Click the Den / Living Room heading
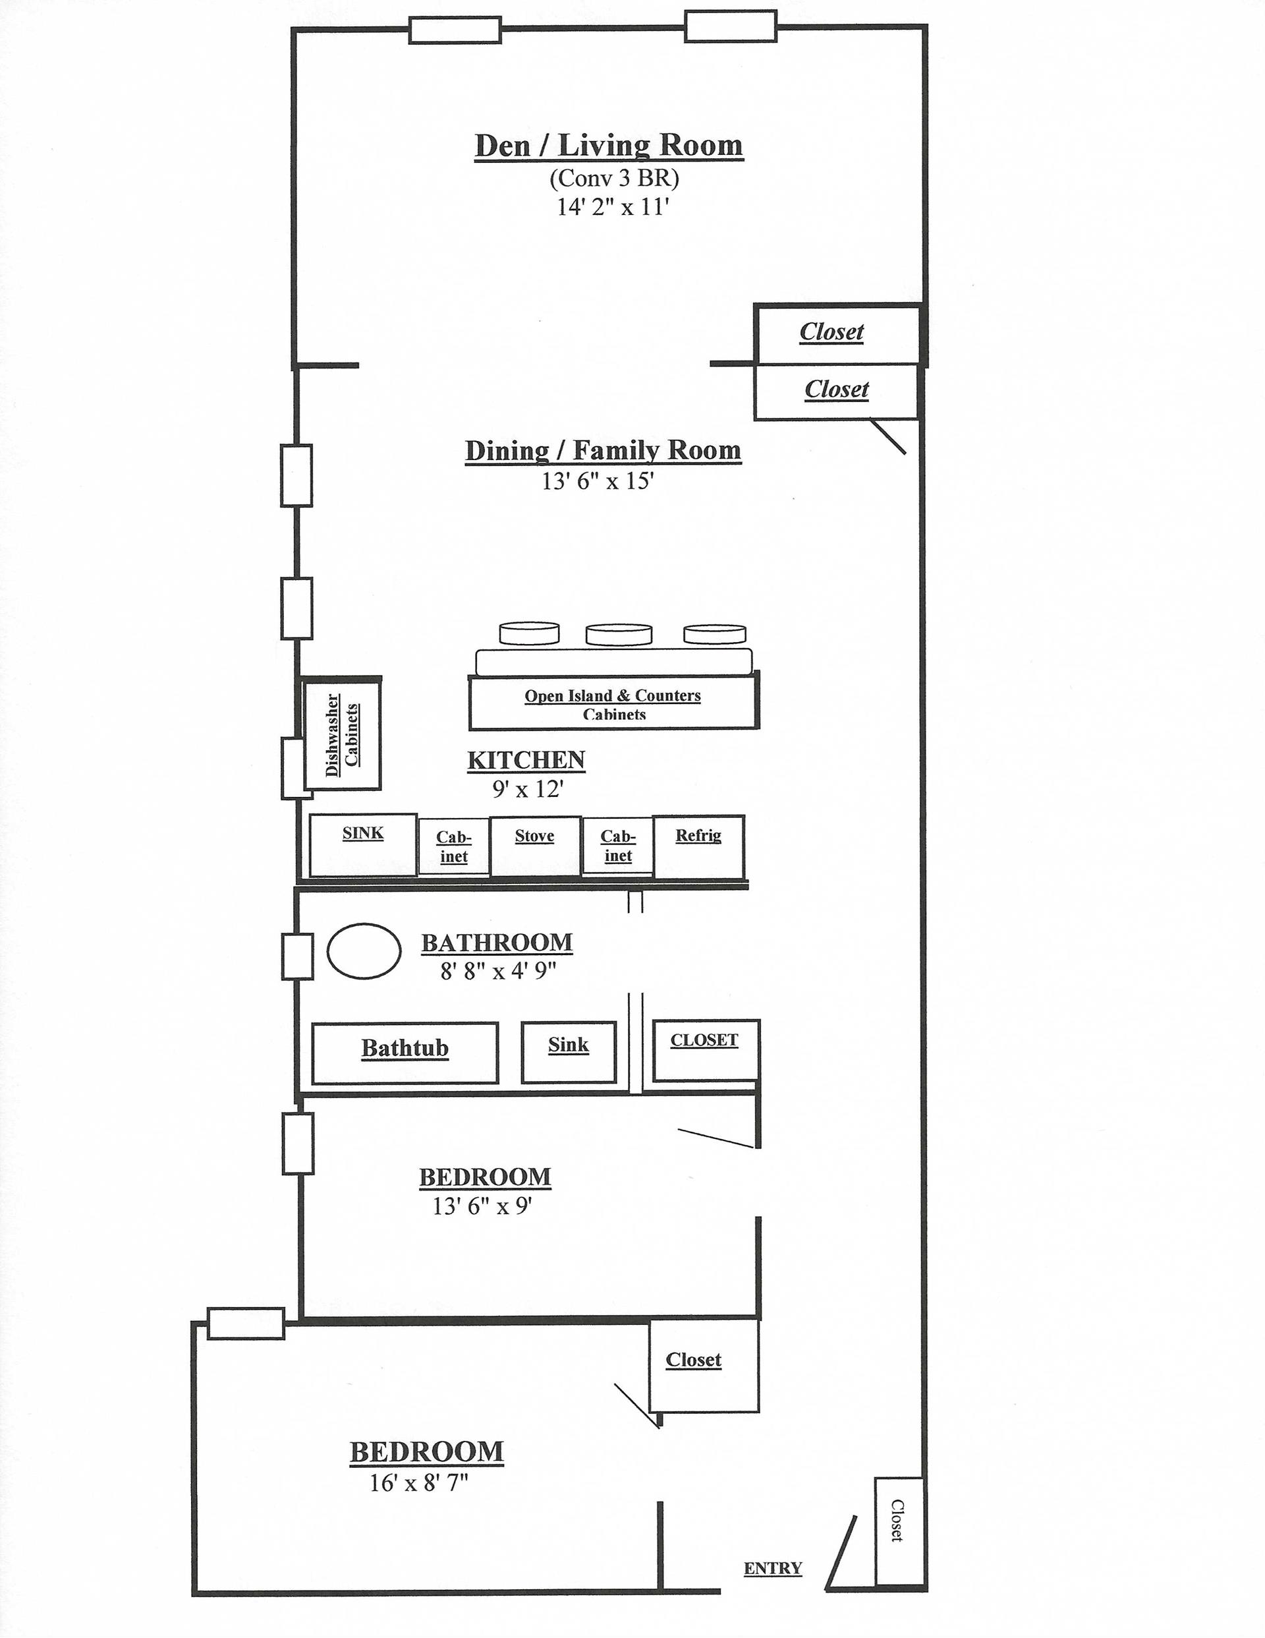[608, 146]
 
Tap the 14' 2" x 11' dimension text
[612, 207]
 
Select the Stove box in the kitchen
[534, 845]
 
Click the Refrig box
[698, 846]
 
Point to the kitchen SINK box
[363, 844]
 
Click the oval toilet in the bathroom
[364, 951]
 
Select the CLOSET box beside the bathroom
[705, 1049]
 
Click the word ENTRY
[772, 1567]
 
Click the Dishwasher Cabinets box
[342, 734]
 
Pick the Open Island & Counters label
[613, 696]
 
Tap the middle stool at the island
[618, 635]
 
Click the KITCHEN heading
[526, 761]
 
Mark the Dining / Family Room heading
[603, 451]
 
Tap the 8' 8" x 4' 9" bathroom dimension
[498, 971]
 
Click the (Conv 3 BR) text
[613, 179]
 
